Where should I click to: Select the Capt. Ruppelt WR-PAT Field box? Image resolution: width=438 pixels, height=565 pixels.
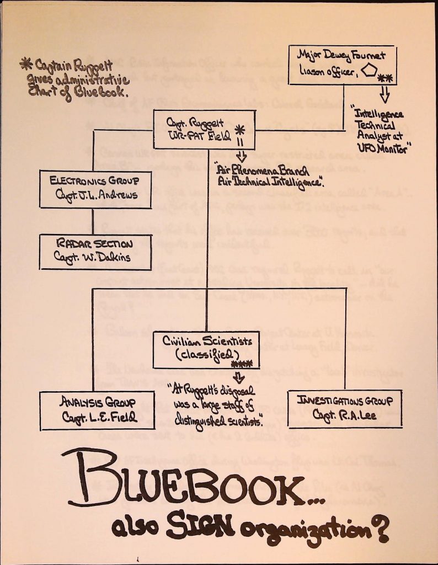pos(204,129)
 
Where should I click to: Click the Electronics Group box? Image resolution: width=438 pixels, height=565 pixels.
pos(95,189)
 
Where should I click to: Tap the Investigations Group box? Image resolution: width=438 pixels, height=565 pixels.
pos(344,408)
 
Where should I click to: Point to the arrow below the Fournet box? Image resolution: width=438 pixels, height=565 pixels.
pos(384,94)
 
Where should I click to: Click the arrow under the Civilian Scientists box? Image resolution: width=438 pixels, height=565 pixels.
pos(238,377)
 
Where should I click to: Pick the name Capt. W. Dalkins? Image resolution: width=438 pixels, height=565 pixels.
pos(95,257)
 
